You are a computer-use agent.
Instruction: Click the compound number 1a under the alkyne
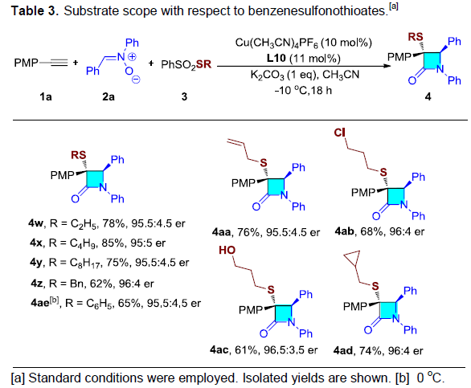tap(46, 96)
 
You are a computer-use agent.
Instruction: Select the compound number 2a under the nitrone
tap(109, 96)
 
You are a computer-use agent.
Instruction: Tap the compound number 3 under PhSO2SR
tap(184, 96)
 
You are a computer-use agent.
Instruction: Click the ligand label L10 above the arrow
tap(276, 58)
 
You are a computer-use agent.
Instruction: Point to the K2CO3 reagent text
tap(268, 75)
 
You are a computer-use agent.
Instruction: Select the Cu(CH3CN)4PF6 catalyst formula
tap(276, 43)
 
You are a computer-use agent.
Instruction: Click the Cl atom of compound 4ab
tap(339, 133)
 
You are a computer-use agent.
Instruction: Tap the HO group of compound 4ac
tap(227, 250)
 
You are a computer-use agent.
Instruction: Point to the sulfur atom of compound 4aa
tap(264, 163)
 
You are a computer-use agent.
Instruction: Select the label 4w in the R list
tap(36, 223)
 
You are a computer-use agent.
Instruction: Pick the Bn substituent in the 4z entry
tap(76, 284)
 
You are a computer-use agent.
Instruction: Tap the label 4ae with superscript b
tap(45, 302)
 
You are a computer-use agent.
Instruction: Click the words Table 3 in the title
tap(34, 11)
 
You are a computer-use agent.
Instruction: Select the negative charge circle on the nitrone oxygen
tap(136, 80)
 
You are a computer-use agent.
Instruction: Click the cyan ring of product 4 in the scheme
tap(432, 61)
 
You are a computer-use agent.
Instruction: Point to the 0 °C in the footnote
tap(430, 378)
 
